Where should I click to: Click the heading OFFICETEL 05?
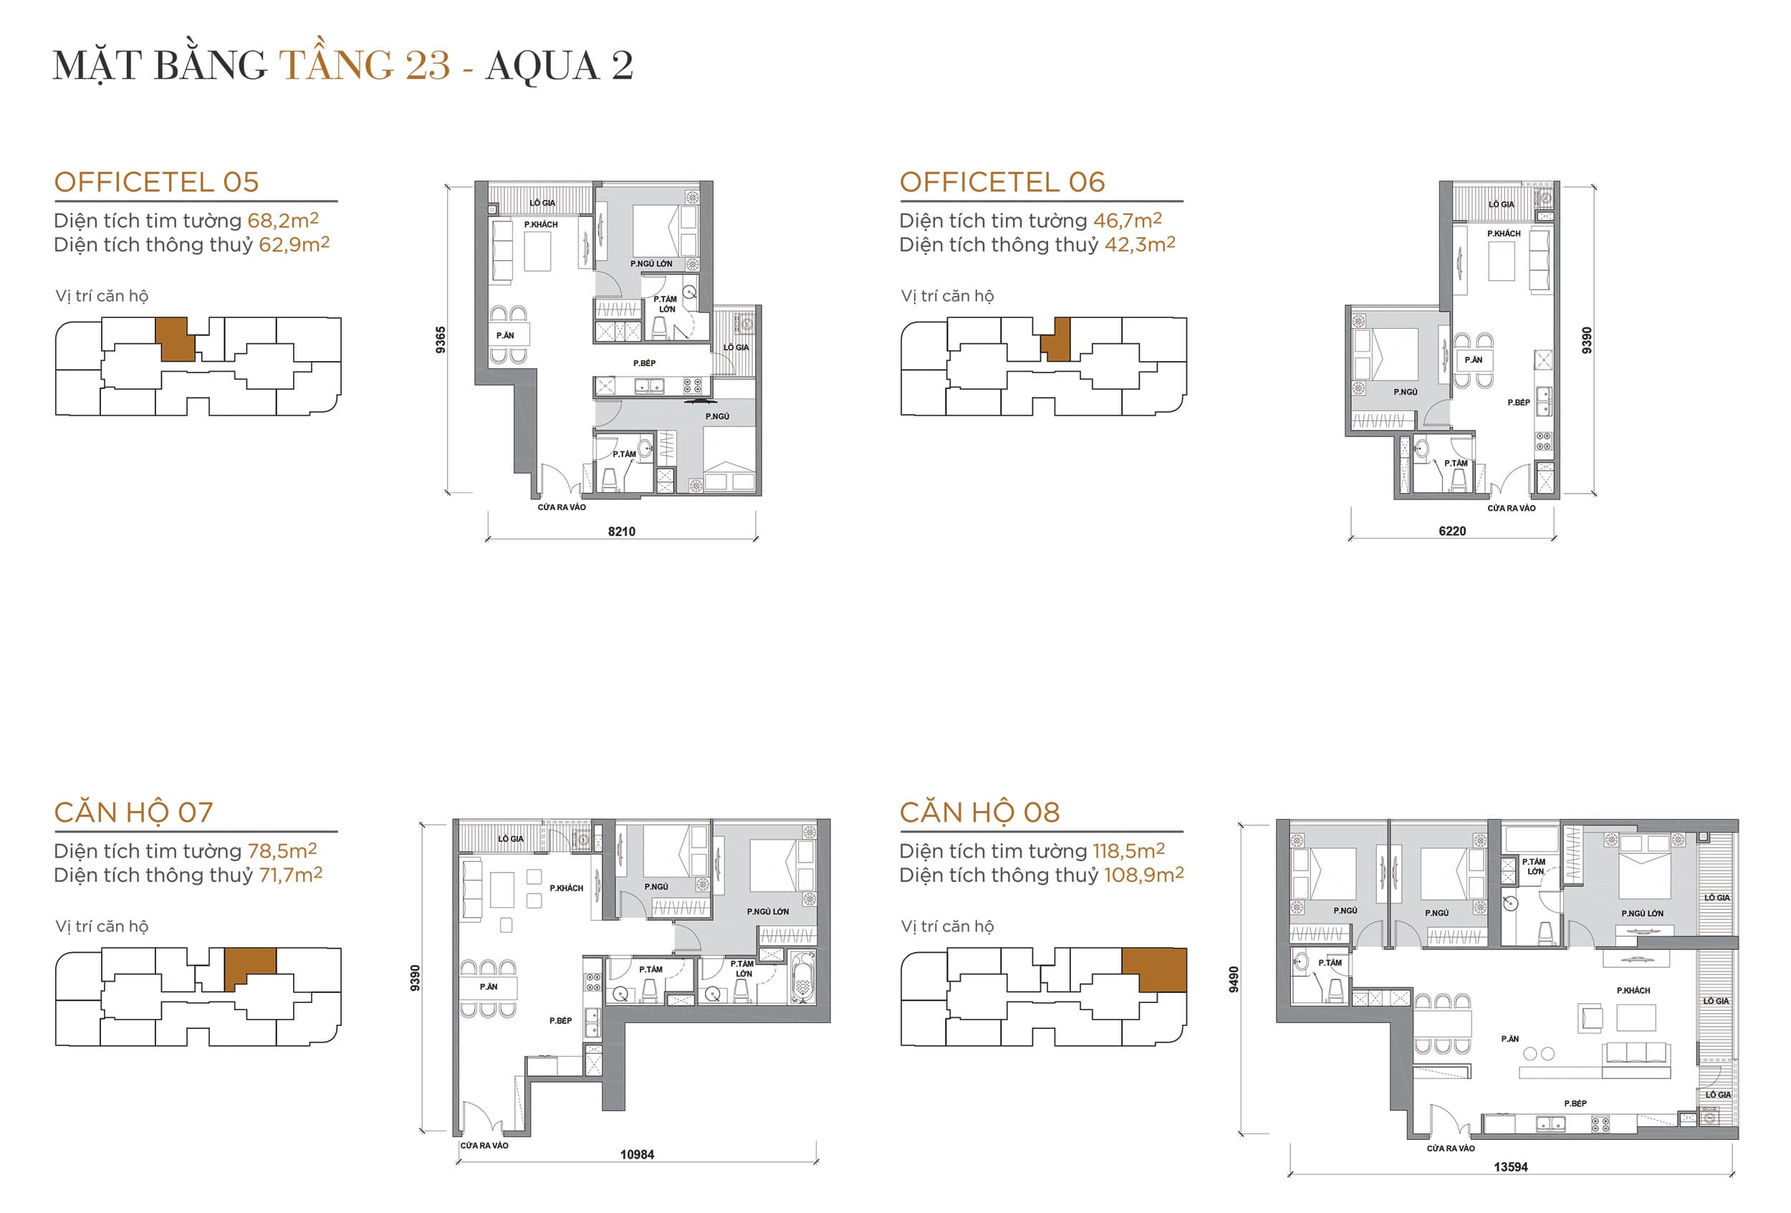(156, 183)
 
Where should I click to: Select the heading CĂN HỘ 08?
(979, 812)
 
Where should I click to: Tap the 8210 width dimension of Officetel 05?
(621, 531)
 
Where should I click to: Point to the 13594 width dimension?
(1509, 1166)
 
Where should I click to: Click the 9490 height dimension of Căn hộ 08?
(1233, 979)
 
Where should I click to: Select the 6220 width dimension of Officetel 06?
(1452, 531)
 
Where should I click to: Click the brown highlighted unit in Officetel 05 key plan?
(174, 338)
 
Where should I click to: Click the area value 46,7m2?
(1127, 221)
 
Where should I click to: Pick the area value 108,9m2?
(1143, 875)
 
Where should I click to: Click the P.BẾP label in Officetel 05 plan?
(644, 363)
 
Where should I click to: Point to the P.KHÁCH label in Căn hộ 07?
(567, 888)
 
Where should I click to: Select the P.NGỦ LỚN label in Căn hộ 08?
(1642, 914)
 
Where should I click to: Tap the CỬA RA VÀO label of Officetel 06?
(1512, 508)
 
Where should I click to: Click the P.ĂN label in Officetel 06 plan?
(1474, 360)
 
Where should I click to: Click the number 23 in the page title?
(428, 64)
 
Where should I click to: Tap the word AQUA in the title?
(542, 64)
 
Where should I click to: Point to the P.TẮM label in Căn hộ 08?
(1330, 962)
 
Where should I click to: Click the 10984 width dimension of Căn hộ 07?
(637, 1154)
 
